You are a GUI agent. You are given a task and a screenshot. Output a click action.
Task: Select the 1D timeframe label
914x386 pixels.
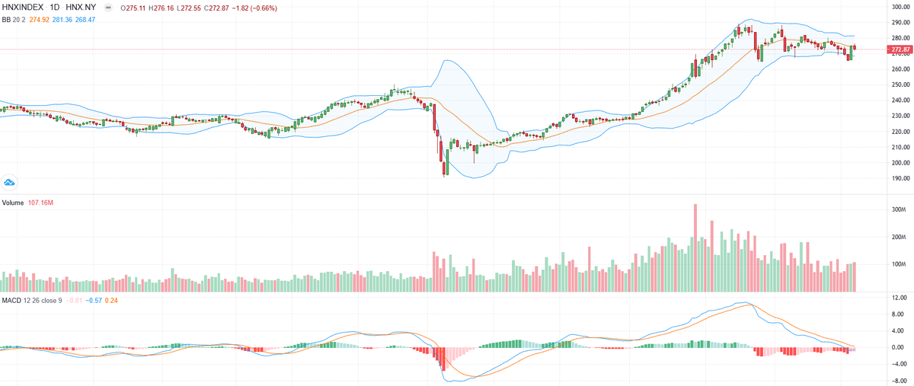pyautogui.click(x=55, y=8)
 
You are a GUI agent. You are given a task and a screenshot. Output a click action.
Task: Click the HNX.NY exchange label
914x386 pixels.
pyautogui.click(x=81, y=8)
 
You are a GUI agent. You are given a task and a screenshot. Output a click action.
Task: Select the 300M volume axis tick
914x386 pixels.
pyautogui.click(x=898, y=209)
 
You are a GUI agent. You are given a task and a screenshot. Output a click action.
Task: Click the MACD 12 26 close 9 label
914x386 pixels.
pyautogui.click(x=31, y=300)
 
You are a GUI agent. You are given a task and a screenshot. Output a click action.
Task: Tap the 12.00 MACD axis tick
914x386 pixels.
pyautogui.click(x=898, y=298)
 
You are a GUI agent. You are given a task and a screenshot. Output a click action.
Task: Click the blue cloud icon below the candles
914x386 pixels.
pyautogui.click(x=10, y=182)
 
